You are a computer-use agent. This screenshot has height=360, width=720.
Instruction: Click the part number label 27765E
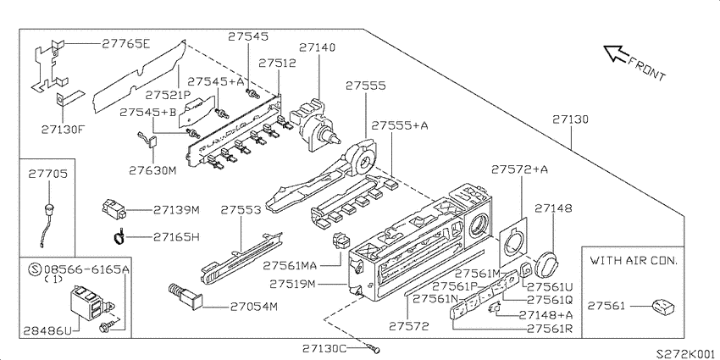pos(126,43)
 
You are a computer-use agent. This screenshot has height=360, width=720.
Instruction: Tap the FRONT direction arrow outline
pos(615,53)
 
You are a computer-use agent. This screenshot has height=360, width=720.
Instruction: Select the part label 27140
pos(318,47)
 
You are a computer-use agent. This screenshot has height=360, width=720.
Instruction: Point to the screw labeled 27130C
pos(374,348)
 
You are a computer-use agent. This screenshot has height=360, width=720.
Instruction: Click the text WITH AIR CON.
pos(634,261)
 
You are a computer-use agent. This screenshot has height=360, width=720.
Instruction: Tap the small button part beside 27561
pos(662,307)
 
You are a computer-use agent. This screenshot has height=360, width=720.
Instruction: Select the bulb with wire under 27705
pos(46,223)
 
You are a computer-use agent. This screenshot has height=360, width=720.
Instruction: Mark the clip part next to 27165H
pos(119,236)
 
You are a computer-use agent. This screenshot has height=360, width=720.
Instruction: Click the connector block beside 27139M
pos(114,209)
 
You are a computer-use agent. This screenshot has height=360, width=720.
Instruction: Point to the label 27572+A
pos(519,169)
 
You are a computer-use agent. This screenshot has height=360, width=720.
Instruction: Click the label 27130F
pos(63,129)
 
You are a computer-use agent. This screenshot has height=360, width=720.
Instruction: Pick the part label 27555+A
pos(400,125)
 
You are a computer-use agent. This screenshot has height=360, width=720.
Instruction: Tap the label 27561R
pos(552,329)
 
